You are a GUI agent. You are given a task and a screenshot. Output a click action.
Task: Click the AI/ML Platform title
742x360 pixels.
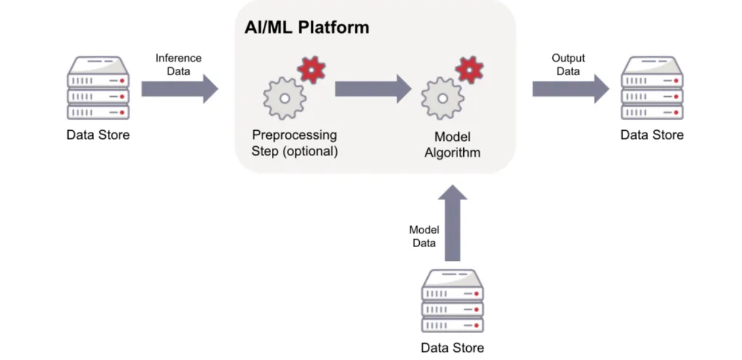pyautogui.click(x=306, y=27)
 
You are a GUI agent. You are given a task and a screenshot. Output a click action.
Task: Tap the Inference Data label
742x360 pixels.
pyautogui.click(x=178, y=64)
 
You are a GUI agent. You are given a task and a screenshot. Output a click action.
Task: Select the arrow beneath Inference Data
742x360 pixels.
pyautogui.click(x=179, y=89)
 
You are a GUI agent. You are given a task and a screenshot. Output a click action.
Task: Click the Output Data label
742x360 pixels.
pyautogui.click(x=568, y=64)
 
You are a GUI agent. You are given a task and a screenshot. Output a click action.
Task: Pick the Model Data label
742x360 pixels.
pyautogui.click(x=424, y=236)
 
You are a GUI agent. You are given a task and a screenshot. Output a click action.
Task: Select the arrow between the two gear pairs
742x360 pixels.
pyautogui.click(x=373, y=89)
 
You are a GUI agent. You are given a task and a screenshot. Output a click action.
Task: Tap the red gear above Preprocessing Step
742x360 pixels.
pyautogui.click(x=311, y=70)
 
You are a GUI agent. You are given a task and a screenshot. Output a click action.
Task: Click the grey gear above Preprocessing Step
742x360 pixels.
pyautogui.click(x=284, y=99)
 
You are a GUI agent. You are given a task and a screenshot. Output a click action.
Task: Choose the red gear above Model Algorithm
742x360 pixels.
pyautogui.click(x=469, y=70)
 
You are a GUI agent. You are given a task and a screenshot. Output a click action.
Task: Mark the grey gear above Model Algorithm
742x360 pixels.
pyautogui.click(x=442, y=99)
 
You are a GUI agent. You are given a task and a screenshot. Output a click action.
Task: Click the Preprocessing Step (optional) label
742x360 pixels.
pyautogui.click(x=294, y=143)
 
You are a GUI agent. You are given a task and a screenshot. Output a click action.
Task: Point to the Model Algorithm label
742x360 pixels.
pyautogui.click(x=452, y=145)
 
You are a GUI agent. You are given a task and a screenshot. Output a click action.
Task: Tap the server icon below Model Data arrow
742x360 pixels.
pyautogui.click(x=452, y=301)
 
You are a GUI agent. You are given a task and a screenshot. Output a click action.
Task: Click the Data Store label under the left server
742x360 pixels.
pyautogui.click(x=98, y=135)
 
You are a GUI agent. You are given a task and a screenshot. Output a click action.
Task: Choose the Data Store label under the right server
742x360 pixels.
pyautogui.click(x=652, y=135)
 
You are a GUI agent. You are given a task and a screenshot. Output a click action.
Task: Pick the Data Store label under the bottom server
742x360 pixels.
pyautogui.click(x=452, y=348)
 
